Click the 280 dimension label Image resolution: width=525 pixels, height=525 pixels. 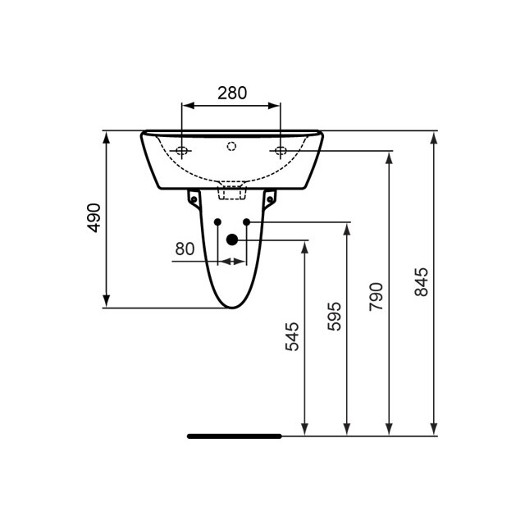tap(231, 93)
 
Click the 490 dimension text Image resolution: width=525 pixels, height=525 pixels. tap(94, 217)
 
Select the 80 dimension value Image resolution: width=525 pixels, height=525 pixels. tap(185, 248)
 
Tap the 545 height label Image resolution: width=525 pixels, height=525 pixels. tap(292, 336)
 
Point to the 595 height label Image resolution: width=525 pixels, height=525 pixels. tap(335, 316)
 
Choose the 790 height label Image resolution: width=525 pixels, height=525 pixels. tap(377, 297)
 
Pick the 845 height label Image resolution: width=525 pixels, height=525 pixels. tap(421, 281)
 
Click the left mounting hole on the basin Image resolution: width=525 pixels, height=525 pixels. tap(182, 150)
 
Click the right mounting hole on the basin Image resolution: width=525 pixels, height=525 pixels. tap(281, 150)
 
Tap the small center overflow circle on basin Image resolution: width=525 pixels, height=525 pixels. tap(231, 147)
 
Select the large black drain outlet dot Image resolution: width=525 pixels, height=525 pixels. tap(231, 240)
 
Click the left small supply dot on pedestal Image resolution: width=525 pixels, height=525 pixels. tap(217, 222)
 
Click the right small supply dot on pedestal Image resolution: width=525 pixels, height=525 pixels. tap(245, 222)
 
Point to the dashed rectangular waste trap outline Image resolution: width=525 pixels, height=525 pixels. tap(232, 191)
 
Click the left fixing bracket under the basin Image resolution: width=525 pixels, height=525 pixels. tap(194, 199)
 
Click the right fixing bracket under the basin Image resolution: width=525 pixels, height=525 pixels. tap(270, 199)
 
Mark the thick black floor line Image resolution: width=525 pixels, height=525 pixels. tap(234, 436)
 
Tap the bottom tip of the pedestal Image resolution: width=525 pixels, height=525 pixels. tap(232, 308)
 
